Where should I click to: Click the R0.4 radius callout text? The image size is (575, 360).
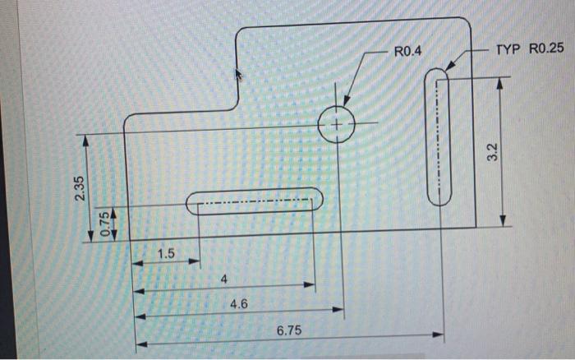click(x=407, y=52)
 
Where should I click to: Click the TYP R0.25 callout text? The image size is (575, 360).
click(x=529, y=50)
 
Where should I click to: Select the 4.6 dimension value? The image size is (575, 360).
click(x=239, y=303)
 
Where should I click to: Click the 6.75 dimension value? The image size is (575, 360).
click(x=289, y=329)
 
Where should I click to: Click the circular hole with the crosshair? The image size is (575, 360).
click(x=336, y=125)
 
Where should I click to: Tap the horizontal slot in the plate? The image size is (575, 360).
click(x=255, y=201)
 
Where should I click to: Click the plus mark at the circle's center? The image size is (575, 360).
click(x=336, y=125)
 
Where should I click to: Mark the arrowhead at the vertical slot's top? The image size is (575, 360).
click(x=448, y=68)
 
